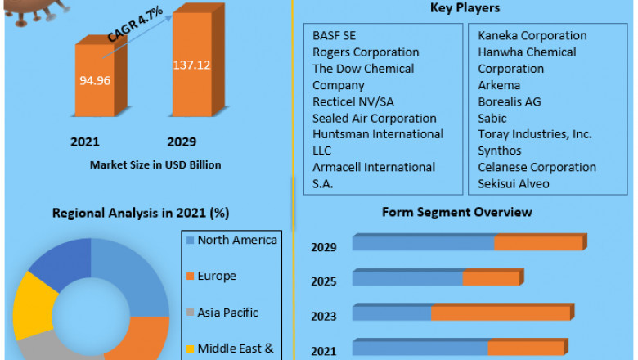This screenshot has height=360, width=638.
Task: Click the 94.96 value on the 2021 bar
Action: [x=93, y=81]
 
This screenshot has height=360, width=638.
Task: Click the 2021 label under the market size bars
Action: [x=85, y=142]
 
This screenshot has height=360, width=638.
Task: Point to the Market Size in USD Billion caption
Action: [x=155, y=164]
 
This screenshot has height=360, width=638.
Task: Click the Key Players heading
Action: [x=465, y=8]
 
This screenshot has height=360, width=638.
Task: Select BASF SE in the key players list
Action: [x=335, y=36]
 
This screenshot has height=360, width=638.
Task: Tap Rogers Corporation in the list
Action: [x=366, y=52]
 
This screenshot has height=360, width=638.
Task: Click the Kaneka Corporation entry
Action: [x=532, y=36]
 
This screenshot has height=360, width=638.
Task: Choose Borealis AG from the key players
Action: [x=510, y=102]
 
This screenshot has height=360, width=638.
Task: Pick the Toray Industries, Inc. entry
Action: [x=535, y=134]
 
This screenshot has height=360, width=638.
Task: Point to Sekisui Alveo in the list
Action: [x=514, y=183]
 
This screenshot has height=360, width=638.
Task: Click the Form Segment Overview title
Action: [x=457, y=212]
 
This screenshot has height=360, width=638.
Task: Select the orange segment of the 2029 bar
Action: [x=537, y=243]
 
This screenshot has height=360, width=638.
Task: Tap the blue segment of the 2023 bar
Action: [x=392, y=313]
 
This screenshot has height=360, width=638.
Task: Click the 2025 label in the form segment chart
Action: [x=323, y=281]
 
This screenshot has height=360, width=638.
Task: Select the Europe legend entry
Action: [x=217, y=276]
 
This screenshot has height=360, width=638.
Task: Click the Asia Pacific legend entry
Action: [x=227, y=312]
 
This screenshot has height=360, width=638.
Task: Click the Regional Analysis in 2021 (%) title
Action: [x=141, y=214]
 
